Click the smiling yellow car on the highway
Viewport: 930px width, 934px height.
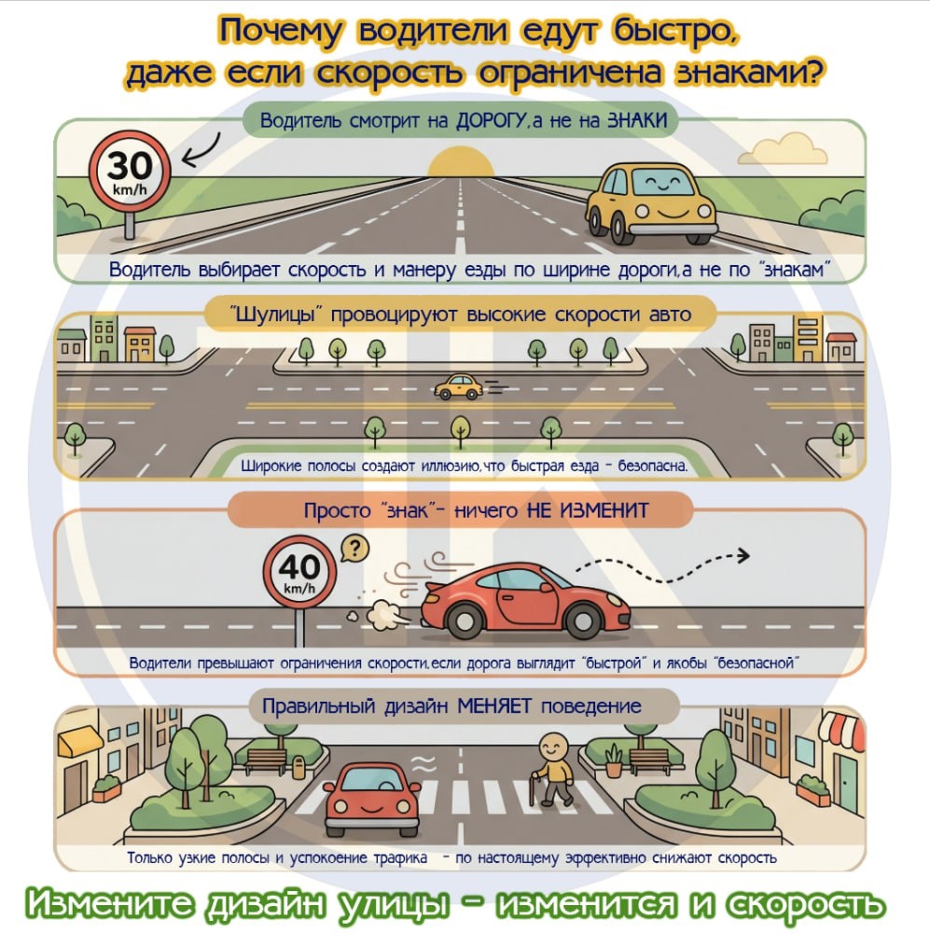point(651,202)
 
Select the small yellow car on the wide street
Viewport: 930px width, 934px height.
point(458,387)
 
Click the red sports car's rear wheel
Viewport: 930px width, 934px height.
point(465,620)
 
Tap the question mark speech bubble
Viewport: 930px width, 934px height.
point(354,550)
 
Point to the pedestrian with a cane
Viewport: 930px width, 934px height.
point(552,770)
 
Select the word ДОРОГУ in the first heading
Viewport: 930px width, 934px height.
point(492,121)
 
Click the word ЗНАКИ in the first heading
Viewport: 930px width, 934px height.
point(637,121)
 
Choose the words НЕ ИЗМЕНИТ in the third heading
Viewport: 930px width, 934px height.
point(587,510)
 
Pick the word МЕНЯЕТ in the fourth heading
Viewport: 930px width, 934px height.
point(494,706)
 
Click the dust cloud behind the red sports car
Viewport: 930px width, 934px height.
point(386,615)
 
